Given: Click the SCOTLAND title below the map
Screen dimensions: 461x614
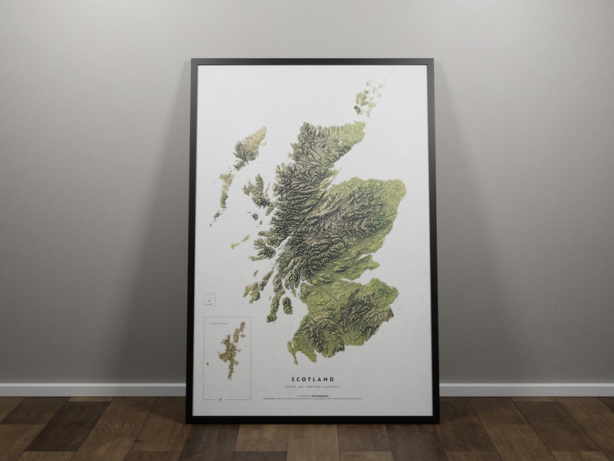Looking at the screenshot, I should pos(313,379).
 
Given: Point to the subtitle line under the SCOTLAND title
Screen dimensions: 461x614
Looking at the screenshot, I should pos(313,386).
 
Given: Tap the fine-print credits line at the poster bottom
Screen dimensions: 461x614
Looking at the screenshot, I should pos(313,398).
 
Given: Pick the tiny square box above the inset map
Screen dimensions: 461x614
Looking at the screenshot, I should pos(210,299).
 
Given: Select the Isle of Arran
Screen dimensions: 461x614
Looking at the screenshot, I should pos(287,306).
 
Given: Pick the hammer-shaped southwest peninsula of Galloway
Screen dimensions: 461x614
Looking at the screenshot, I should pos(293,353).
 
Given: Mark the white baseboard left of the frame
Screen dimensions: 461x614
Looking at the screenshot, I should pos(93,389).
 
